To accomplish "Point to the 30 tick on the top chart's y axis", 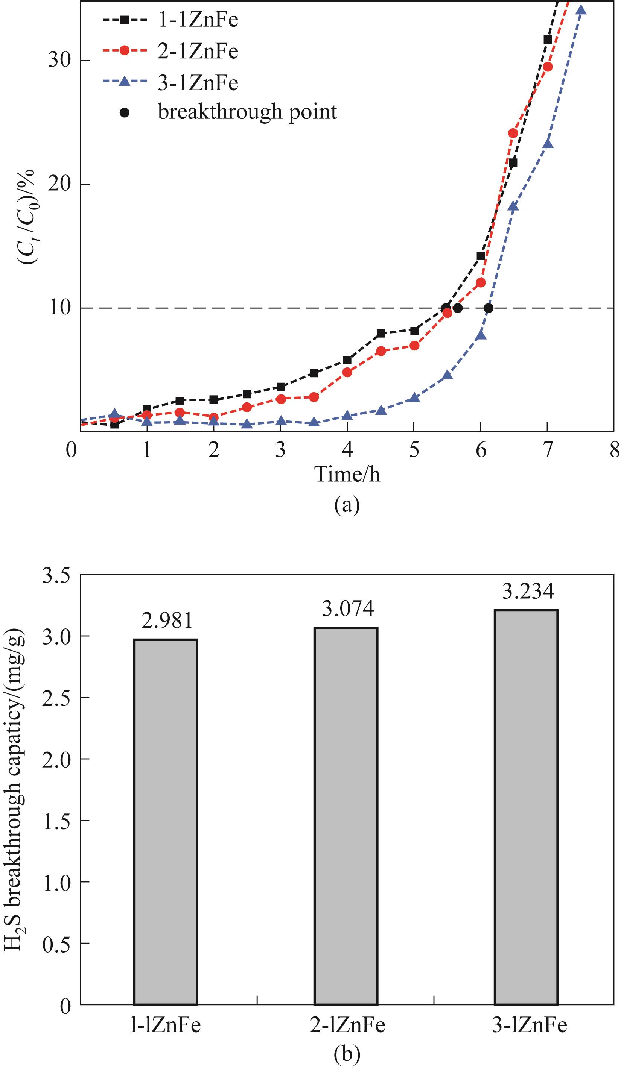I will [x=59, y=61].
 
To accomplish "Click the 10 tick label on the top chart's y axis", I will [x=59, y=308].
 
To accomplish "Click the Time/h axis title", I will [x=347, y=474].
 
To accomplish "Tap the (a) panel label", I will [x=347, y=505].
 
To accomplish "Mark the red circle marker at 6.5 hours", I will [x=513, y=133].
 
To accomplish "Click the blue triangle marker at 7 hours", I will [x=548, y=143].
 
